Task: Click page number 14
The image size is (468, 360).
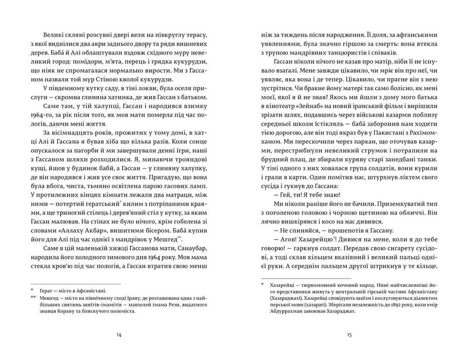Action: click(x=119, y=335)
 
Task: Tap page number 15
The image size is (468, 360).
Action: click(x=349, y=335)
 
